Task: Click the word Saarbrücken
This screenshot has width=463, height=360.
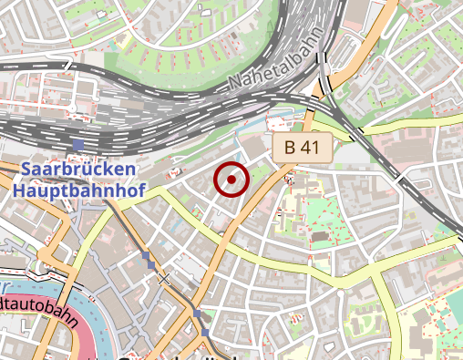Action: tap(78, 170)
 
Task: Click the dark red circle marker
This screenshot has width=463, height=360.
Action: tap(231, 180)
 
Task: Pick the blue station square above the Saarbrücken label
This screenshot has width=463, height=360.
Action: tap(78, 145)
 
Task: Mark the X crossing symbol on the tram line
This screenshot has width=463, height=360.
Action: tap(164, 278)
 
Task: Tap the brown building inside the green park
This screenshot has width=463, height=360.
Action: tap(319, 236)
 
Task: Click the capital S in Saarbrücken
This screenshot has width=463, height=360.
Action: tap(26, 170)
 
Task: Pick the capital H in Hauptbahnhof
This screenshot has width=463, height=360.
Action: tap(20, 191)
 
